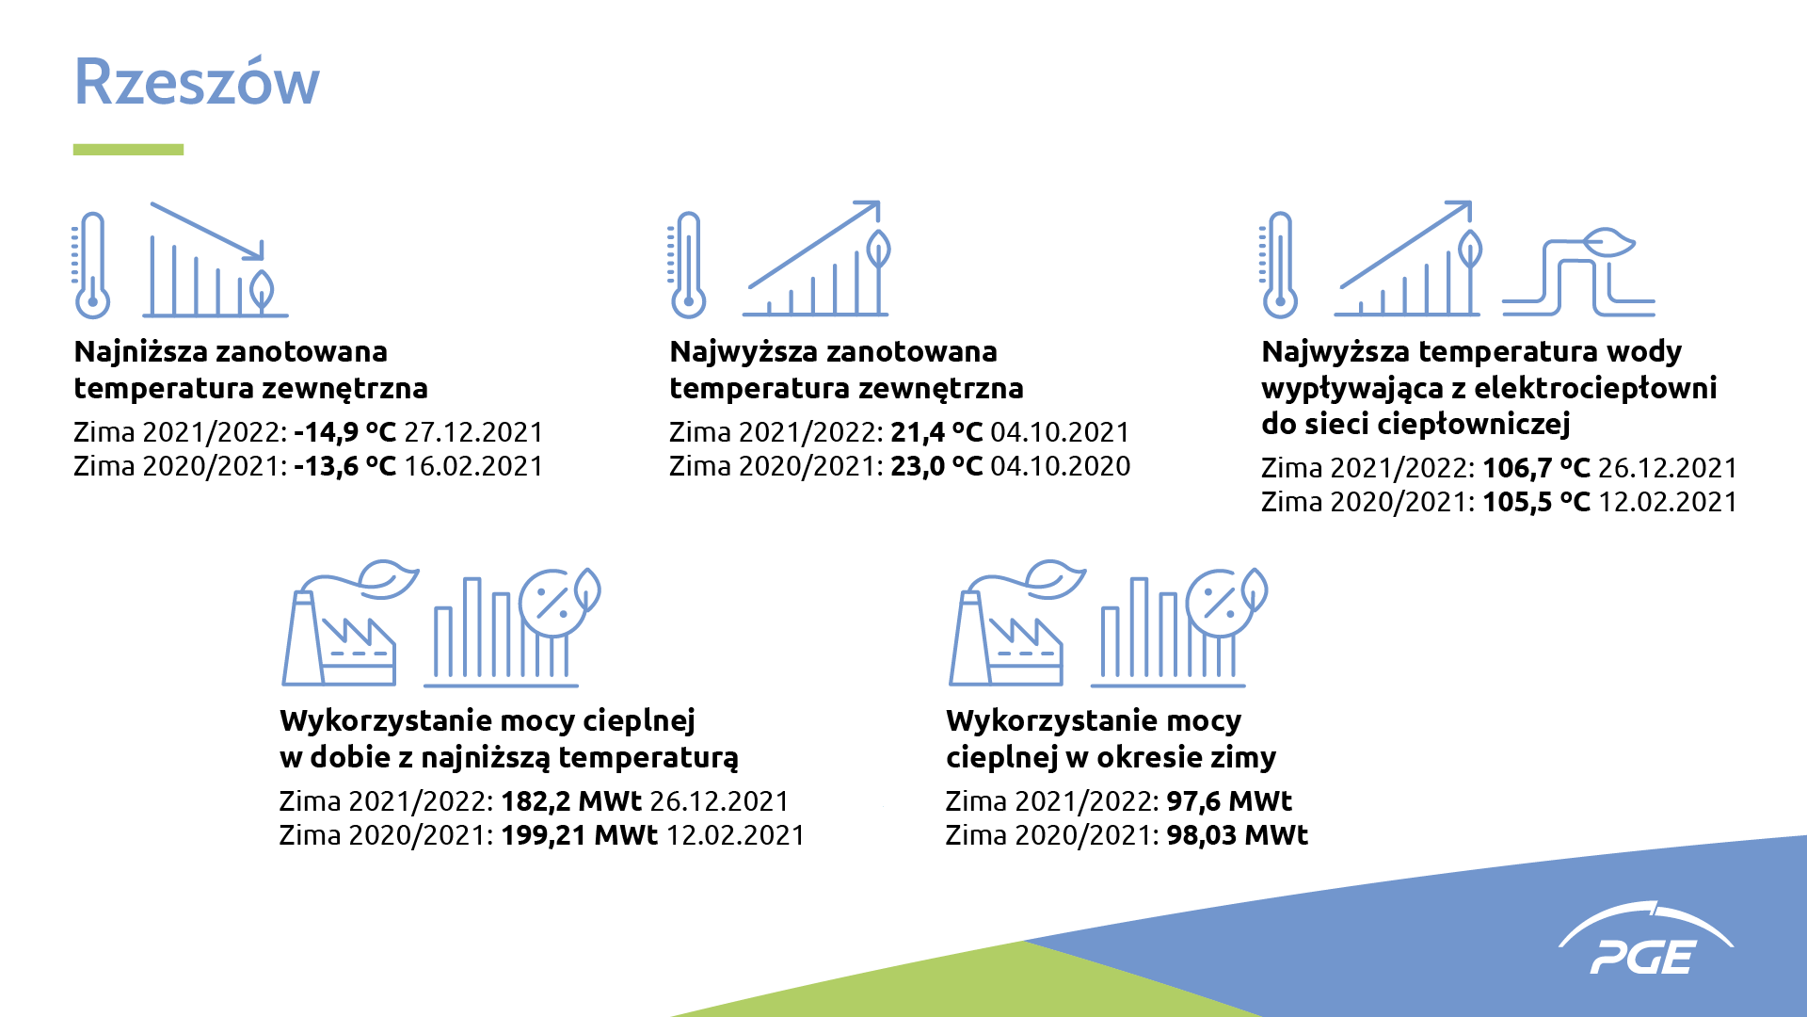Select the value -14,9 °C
click(x=344, y=432)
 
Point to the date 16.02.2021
click(x=473, y=466)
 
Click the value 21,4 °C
click(x=936, y=432)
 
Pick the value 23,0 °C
click(x=936, y=466)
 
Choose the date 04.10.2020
click(x=1061, y=466)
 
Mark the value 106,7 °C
click(x=1536, y=468)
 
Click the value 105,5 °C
click(x=1536, y=502)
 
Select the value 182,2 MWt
click(x=570, y=801)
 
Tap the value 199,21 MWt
click(x=579, y=835)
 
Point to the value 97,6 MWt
click(x=1229, y=801)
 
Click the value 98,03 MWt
click(x=1238, y=835)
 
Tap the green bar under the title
click(x=128, y=150)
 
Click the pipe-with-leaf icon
click(x=1578, y=271)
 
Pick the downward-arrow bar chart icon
click(x=216, y=259)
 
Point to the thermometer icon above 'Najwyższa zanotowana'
click(x=687, y=265)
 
